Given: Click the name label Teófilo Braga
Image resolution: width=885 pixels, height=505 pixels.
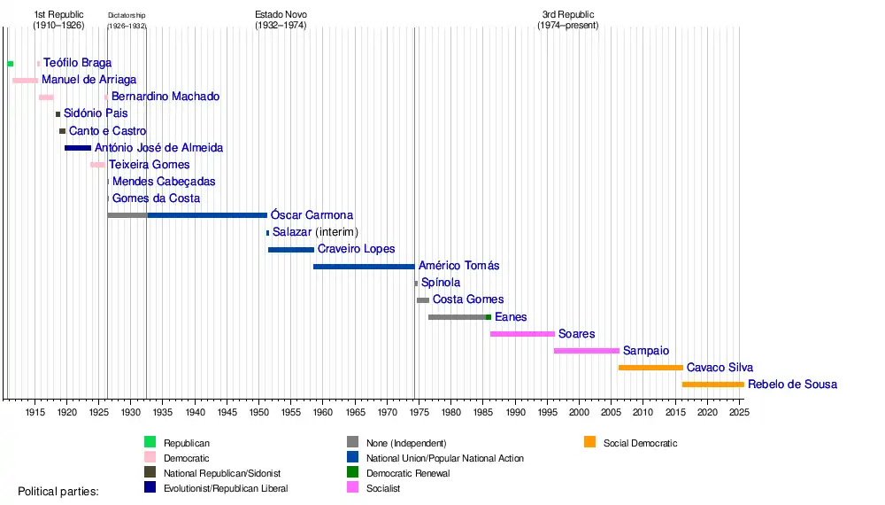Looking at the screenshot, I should (x=77, y=63).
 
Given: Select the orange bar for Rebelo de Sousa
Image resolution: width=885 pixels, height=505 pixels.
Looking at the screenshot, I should (x=712, y=385).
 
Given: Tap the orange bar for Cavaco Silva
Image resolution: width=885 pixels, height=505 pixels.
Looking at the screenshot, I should (x=650, y=368).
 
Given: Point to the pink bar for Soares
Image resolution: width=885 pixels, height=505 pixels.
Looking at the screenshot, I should (x=522, y=334).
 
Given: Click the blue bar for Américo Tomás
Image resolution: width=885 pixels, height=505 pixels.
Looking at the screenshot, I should (x=364, y=267).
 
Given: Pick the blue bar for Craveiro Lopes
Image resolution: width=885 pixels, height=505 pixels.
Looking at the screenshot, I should (x=290, y=250).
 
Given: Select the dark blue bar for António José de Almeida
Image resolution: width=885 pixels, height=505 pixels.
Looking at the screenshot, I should (x=78, y=148).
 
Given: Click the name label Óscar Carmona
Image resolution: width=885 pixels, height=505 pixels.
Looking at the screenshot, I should (x=312, y=215).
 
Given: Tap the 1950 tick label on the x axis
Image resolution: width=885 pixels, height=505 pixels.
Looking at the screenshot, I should (x=258, y=413).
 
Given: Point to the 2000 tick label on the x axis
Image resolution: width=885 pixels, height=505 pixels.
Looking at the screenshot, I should (x=579, y=413).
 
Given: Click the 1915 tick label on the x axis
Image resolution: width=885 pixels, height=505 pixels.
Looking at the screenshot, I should (x=35, y=413).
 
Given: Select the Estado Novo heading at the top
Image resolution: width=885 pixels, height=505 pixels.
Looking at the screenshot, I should (x=281, y=20).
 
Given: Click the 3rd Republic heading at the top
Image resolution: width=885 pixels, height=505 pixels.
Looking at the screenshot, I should (x=568, y=20).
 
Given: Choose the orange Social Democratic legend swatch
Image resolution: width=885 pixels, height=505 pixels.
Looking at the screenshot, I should (x=590, y=442).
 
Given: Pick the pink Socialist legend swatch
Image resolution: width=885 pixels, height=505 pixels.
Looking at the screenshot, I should (x=352, y=488).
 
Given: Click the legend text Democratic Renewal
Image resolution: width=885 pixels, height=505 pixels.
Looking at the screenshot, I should (x=407, y=473).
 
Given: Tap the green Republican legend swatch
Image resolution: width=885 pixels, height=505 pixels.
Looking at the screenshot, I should (x=150, y=442).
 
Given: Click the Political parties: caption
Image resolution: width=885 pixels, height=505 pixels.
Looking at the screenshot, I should (x=58, y=490).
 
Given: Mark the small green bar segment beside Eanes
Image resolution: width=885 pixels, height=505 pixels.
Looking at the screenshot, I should (x=488, y=317).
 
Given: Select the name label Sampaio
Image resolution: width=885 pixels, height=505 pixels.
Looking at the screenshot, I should (x=646, y=351).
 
